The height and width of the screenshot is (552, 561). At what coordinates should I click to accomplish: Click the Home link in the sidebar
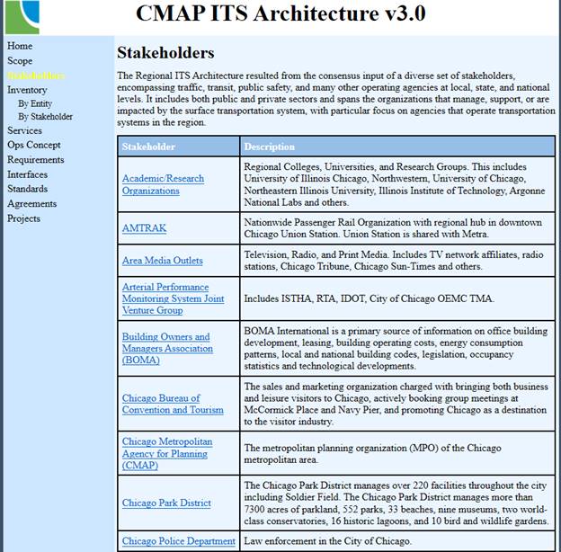(x=20, y=46)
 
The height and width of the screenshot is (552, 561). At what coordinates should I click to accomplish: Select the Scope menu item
(x=20, y=61)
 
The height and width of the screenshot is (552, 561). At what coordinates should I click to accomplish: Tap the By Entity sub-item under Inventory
(x=35, y=104)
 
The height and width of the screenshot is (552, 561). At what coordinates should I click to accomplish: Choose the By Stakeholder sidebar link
(x=45, y=117)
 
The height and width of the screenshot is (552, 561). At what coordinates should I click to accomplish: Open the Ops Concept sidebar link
(x=34, y=145)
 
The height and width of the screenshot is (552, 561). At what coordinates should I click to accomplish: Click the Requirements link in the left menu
(x=36, y=160)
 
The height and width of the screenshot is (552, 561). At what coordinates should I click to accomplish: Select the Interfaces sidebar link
(x=28, y=174)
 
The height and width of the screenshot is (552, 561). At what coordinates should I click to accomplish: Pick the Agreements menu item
(x=31, y=203)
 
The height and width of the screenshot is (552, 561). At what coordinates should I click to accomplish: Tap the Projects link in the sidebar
(x=24, y=218)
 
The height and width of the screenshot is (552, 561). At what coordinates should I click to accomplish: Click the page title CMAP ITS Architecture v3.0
(x=280, y=13)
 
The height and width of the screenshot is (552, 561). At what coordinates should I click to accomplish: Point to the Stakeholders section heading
(x=165, y=53)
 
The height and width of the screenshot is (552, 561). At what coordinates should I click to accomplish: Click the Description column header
(x=269, y=147)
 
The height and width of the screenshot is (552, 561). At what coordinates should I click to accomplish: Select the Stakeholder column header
(x=149, y=147)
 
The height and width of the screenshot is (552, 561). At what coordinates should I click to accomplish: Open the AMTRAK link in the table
(x=144, y=228)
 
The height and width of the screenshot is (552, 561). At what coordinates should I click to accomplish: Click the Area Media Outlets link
(x=163, y=261)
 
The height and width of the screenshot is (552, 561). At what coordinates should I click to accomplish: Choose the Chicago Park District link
(x=166, y=503)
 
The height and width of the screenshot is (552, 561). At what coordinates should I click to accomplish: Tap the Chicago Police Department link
(x=178, y=541)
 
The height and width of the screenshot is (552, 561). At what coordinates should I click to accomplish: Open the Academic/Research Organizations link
(x=163, y=184)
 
